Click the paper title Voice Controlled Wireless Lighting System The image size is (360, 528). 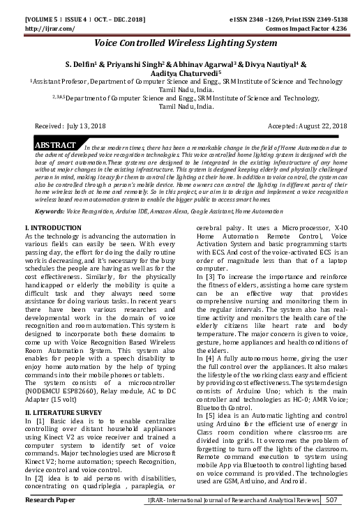pyautogui.click(x=179, y=43)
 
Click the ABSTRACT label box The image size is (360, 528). pyautogui.click(x=55, y=145)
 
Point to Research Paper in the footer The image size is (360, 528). pyautogui.click(x=50, y=519)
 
